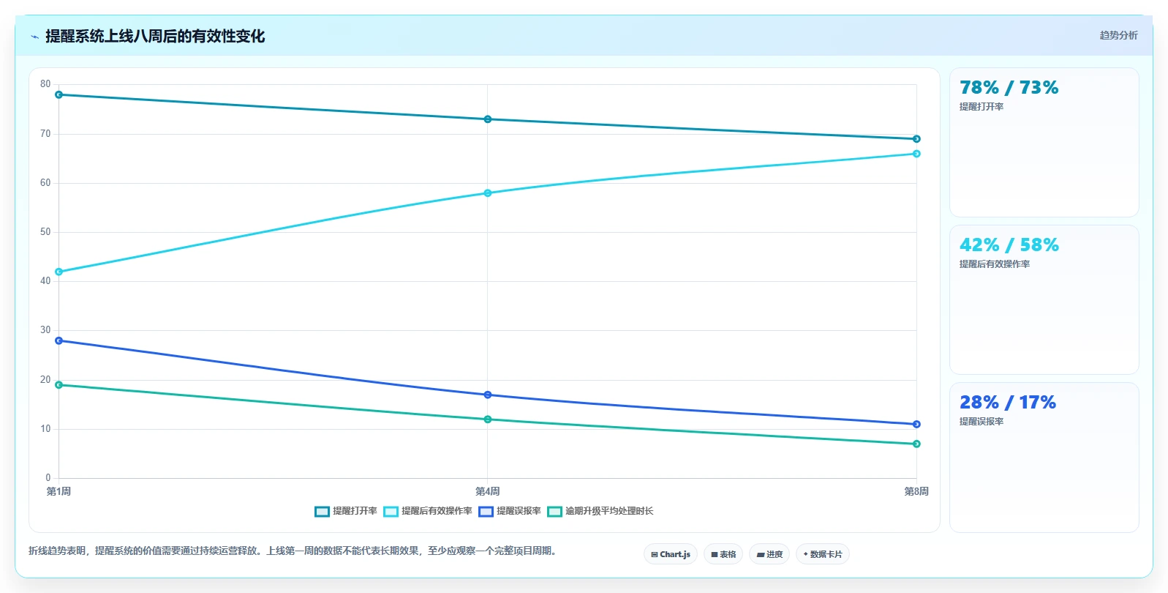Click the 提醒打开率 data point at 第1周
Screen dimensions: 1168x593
point(59,95)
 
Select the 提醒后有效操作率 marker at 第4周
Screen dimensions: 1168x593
point(488,193)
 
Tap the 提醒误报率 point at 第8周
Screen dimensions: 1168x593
point(916,425)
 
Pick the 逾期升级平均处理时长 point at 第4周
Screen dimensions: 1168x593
point(488,419)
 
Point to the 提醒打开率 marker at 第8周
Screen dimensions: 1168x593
point(916,139)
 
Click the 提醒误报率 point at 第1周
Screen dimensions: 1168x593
point(59,341)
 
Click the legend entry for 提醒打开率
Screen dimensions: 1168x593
point(346,511)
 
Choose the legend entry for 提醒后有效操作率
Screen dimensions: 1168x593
point(428,511)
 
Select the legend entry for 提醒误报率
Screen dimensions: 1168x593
point(510,511)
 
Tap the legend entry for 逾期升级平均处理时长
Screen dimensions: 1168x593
point(600,511)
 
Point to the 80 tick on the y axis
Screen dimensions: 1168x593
point(45,84)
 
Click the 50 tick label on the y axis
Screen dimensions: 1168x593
point(45,232)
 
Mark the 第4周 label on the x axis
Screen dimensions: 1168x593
point(488,491)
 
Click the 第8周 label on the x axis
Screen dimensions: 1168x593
point(916,491)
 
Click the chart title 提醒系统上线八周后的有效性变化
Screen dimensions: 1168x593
point(155,36)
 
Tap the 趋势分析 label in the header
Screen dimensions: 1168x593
point(1118,35)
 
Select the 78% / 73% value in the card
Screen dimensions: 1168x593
point(1009,87)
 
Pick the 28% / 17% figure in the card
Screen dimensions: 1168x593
point(1007,402)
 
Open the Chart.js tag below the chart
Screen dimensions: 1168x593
point(671,554)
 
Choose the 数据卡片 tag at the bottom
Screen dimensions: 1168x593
point(822,554)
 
